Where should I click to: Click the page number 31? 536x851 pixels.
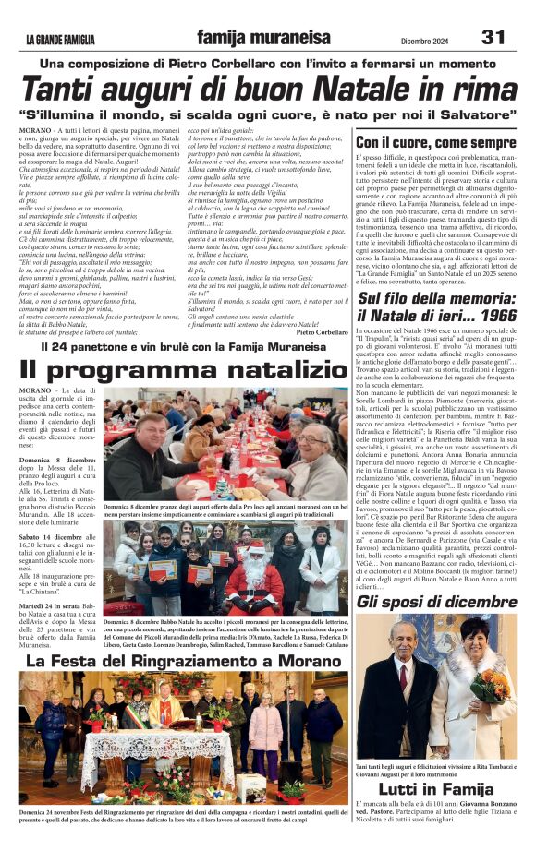(x=493, y=37)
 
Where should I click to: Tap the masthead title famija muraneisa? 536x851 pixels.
(x=263, y=38)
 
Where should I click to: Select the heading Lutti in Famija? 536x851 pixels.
(x=435, y=787)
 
